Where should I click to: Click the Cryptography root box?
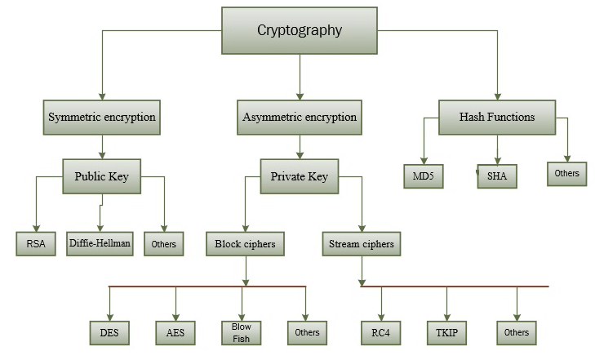pyautogui.click(x=299, y=31)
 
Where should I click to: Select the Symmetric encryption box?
pyautogui.click(x=101, y=117)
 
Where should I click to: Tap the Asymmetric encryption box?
pyautogui.click(x=300, y=117)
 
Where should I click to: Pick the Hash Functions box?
pyautogui.click(x=497, y=117)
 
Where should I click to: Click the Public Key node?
pyautogui.click(x=101, y=176)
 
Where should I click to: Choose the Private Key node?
pyautogui.click(x=299, y=176)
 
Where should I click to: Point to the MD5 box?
pyautogui.click(x=423, y=176)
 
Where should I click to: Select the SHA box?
pyautogui.click(x=497, y=176)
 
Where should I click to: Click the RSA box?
pyautogui.click(x=35, y=243)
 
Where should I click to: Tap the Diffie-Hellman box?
pyautogui.click(x=100, y=243)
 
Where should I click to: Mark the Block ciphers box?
pyautogui.click(x=245, y=243)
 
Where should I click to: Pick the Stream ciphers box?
pyautogui.click(x=361, y=243)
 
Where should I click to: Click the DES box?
pyautogui.click(x=109, y=331)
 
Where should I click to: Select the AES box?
pyautogui.click(x=175, y=331)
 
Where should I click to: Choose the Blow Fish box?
pyautogui.click(x=241, y=331)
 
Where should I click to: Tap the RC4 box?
pyautogui.click(x=380, y=332)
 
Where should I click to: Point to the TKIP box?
pyautogui.click(x=446, y=332)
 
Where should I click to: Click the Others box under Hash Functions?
pyautogui.click(x=566, y=174)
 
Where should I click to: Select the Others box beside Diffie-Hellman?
pyautogui.click(x=165, y=243)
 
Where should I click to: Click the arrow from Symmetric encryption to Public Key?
pyautogui.click(x=101, y=144)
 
